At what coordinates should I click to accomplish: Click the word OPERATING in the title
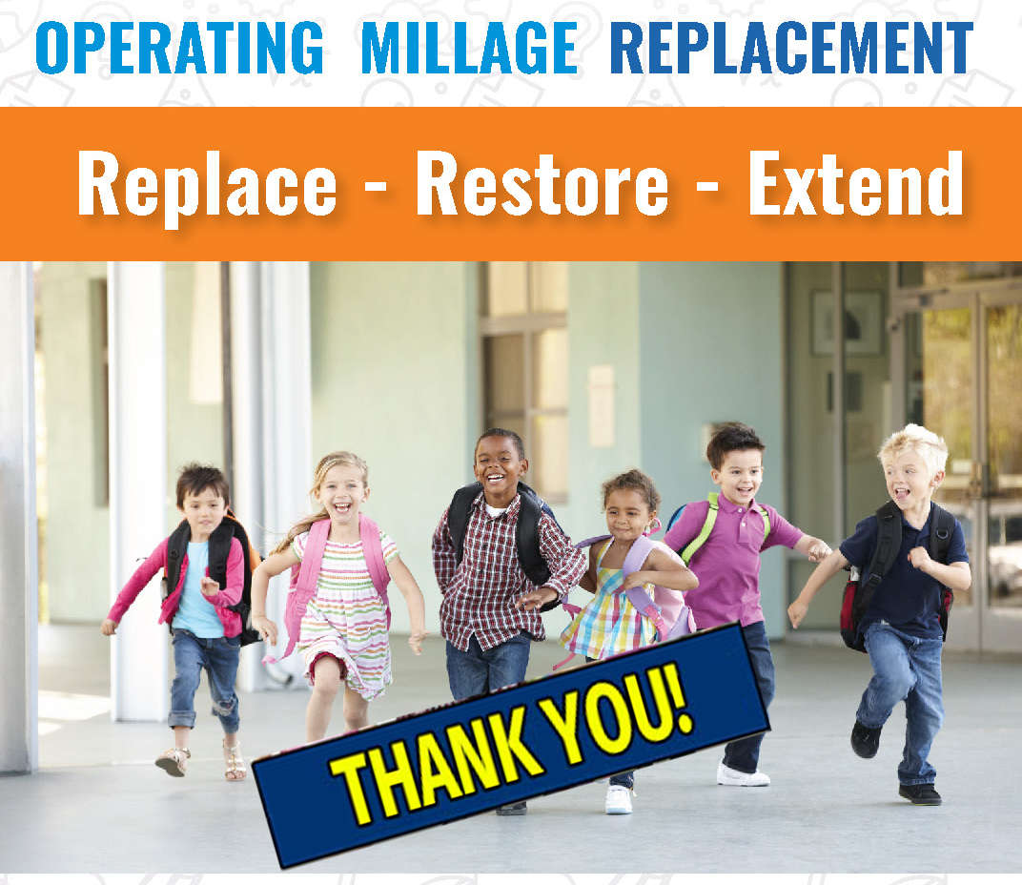coord(180,48)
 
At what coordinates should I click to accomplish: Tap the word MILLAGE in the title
coord(469,48)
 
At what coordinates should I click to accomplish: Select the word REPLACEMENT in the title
coord(790,48)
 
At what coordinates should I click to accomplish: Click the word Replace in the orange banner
coord(207,185)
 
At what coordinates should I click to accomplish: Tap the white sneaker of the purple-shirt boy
coord(743,774)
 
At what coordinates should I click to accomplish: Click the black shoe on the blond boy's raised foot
coord(865,739)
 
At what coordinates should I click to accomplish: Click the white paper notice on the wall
coord(601,405)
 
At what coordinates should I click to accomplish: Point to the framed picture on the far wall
coord(846,323)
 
